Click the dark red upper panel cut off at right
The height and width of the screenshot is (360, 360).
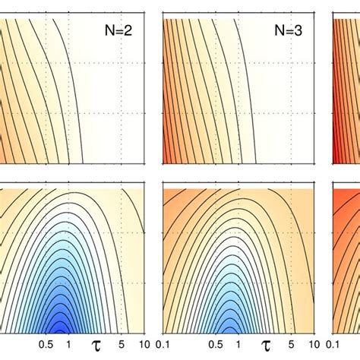tap(346, 91)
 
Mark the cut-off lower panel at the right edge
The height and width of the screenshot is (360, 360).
tap(346, 258)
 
